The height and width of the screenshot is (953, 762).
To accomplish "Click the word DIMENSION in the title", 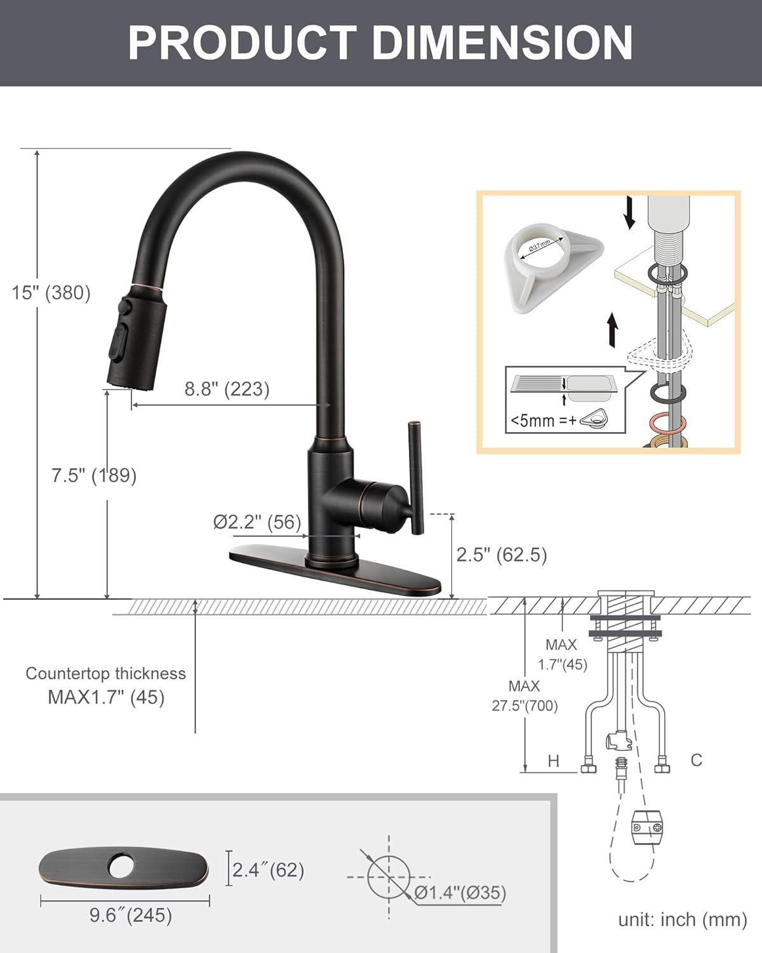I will coord(502,43).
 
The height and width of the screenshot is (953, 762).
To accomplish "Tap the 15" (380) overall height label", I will coord(51,292).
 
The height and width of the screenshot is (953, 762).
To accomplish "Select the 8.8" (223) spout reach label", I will coord(227,389).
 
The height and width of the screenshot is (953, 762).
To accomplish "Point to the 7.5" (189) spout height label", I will coord(94,475).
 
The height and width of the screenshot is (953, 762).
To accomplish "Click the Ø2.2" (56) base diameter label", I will coord(257,522).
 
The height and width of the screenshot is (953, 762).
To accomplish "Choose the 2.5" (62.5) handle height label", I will coord(502,555).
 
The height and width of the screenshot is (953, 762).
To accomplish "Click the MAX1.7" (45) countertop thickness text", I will coord(106,697).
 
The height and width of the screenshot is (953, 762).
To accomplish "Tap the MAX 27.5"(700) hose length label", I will coord(525,696).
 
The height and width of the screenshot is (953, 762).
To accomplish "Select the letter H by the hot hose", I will coord(553,760).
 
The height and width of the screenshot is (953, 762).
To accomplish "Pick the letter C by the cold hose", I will coord(697,760).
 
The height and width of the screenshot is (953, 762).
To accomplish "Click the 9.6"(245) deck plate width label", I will coord(131,915).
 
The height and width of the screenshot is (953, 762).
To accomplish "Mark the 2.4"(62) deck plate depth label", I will coord(268,870).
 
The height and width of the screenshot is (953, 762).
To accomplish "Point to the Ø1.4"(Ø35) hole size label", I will coord(460,893).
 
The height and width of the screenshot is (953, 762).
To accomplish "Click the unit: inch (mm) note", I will coord(683,919).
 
